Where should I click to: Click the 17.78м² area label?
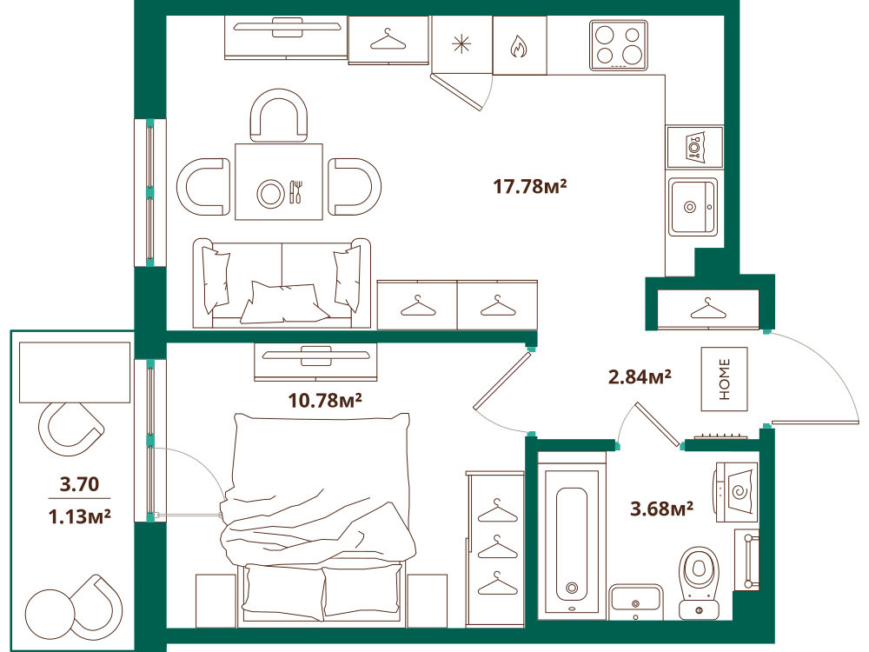(x=530, y=186)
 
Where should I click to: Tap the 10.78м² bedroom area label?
(x=325, y=400)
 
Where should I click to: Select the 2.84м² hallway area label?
(x=640, y=377)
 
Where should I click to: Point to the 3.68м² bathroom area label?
(x=661, y=509)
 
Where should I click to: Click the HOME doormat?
(x=725, y=379)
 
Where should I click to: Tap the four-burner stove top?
(x=619, y=45)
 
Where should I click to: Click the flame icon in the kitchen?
(x=519, y=47)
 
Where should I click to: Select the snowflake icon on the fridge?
(x=461, y=44)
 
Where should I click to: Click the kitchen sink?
(x=693, y=207)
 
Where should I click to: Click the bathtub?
(x=572, y=536)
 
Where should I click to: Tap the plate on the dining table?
(x=270, y=194)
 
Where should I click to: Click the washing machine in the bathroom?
(x=737, y=492)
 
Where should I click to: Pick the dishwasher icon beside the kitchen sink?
(x=695, y=147)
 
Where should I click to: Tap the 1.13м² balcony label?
(x=79, y=516)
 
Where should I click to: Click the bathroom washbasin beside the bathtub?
(x=636, y=602)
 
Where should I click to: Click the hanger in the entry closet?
(x=708, y=309)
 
